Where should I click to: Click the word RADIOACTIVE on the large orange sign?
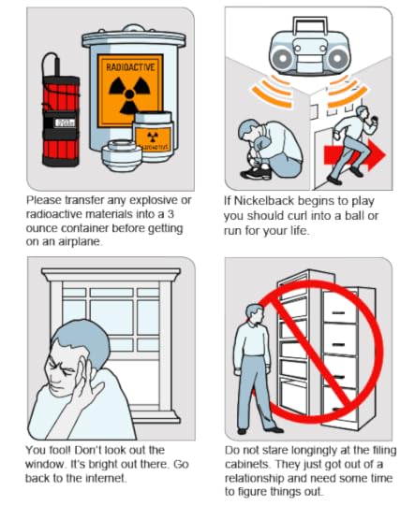[x=130, y=67]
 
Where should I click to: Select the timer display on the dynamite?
[x=66, y=123]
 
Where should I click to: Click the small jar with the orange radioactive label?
[x=153, y=137]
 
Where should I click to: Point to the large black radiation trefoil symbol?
[x=129, y=94]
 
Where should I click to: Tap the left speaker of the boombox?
[x=283, y=59]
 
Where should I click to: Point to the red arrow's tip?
[x=386, y=154]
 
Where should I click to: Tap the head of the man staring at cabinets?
[x=255, y=314]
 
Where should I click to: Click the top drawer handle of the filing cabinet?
[x=338, y=311]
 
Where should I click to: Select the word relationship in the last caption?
[x=254, y=478]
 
